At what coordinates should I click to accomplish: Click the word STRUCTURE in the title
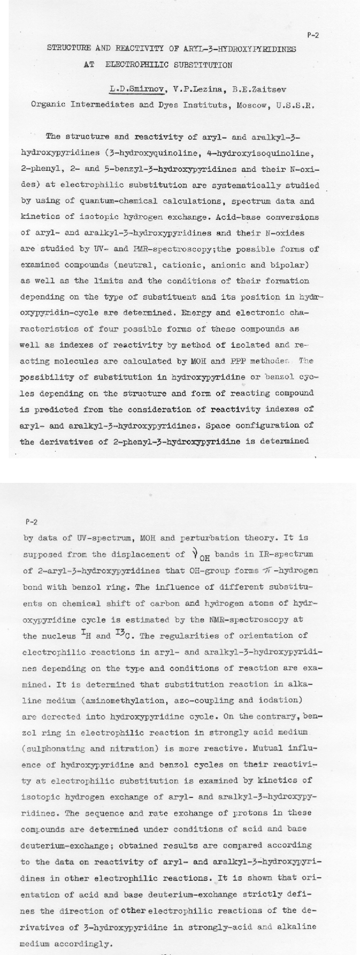tap(68, 49)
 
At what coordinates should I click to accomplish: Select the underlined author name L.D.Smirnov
tap(138, 90)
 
